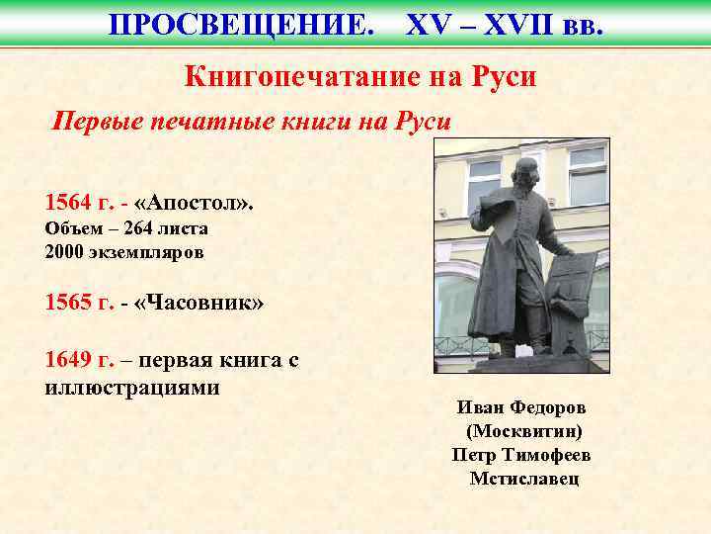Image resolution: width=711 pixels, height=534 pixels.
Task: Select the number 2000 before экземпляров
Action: coord(65,251)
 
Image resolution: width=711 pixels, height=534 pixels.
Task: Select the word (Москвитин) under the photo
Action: coord(524,431)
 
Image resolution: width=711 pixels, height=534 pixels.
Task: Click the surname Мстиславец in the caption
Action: coord(524,479)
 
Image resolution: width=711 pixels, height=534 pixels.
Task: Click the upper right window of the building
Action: coord(587,174)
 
